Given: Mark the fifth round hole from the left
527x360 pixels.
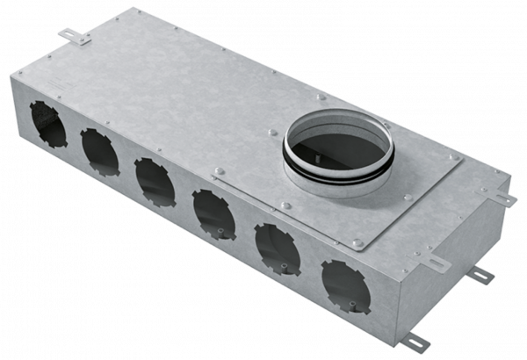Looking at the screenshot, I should [x=273, y=243].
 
